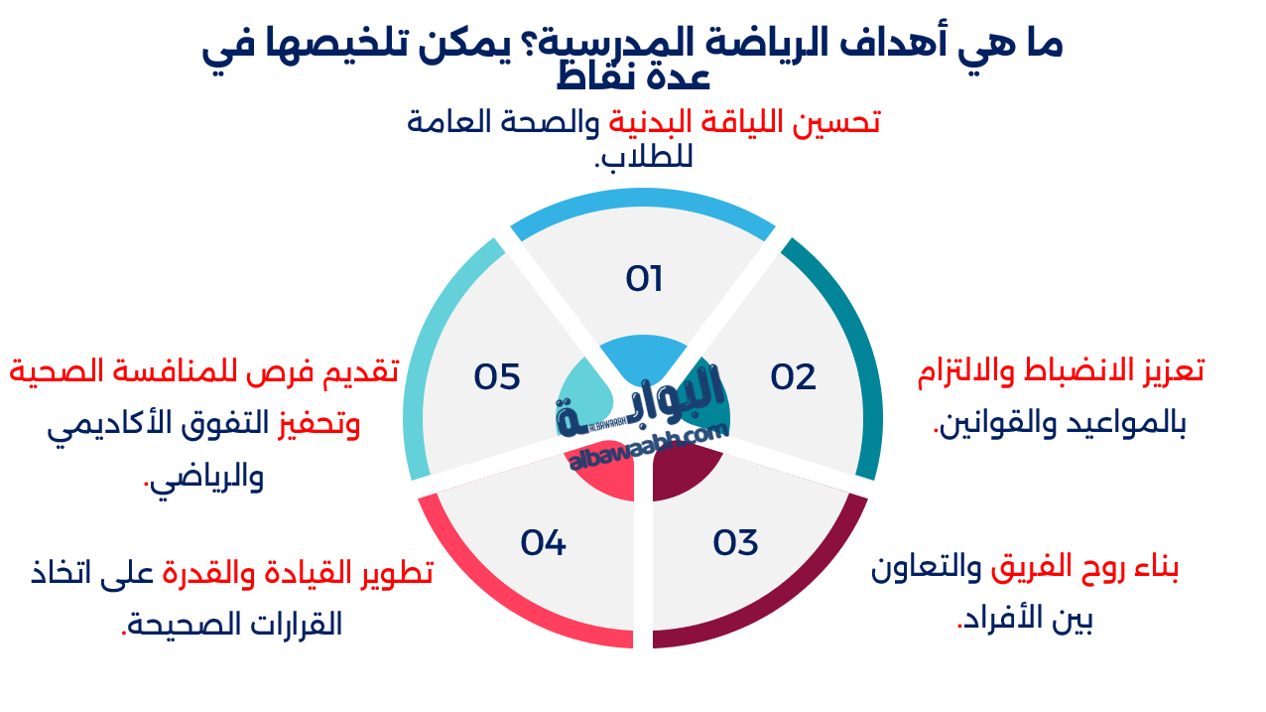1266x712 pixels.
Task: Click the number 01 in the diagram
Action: (x=644, y=279)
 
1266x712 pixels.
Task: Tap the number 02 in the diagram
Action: (x=794, y=376)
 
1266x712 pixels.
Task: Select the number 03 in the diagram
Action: (x=736, y=542)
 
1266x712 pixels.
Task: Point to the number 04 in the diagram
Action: (x=544, y=542)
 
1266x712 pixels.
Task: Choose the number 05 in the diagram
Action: (x=497, y=377)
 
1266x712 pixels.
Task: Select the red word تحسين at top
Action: (x=843, y=122)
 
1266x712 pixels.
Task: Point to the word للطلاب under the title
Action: (x=642, y=157)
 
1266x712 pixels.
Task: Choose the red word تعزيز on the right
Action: (x=1171, y=370)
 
